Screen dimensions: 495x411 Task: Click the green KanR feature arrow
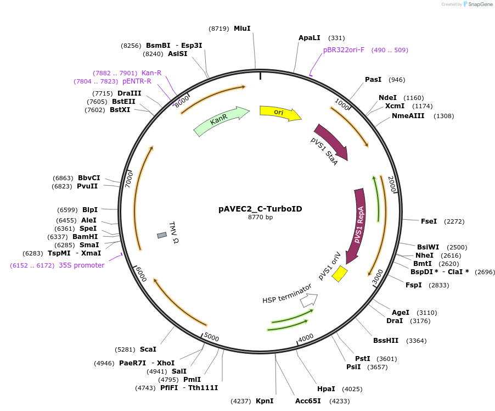(x=221, y=120)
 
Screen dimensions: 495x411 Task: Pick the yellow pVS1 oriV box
(x=340, y=274)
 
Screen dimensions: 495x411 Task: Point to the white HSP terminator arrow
(x=309, y=300)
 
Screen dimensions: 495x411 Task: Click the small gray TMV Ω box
(x=162, y=235)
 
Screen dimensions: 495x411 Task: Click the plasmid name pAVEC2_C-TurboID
(x=260, y=209)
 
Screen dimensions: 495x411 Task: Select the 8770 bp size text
(x=260, y=217)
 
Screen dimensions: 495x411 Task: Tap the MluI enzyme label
(x=242, y=29)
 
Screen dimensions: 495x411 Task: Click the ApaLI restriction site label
(x=310, y=38)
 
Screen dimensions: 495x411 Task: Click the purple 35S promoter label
(x=81, y=265)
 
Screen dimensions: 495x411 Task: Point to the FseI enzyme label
(x=429, y=221)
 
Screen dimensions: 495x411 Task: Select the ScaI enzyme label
(x=148, y=349)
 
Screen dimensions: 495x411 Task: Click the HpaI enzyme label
(x=326, y=389)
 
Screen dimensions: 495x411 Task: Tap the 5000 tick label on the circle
(x=211, y=337)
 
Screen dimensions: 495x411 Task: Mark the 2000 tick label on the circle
(x=392, y=184)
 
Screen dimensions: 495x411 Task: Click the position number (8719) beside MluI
(x=219, y=29)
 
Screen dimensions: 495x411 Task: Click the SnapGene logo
(x=477, y=4)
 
